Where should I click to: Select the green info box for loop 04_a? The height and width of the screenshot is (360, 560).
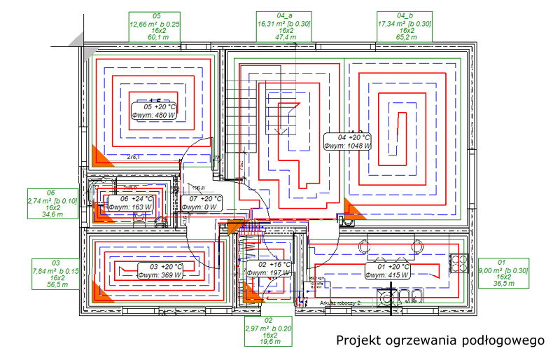click(285, 27)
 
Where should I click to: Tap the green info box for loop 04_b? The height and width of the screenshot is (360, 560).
click(404, 27)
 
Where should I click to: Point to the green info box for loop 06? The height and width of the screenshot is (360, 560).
click(50, 204)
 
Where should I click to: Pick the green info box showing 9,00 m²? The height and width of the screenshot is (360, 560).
click(501, 273)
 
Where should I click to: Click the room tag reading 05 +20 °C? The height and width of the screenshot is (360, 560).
click(155, 111)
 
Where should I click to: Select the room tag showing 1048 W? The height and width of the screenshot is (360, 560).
click(348, 141)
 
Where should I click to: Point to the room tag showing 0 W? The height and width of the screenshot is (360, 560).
click(201, 203)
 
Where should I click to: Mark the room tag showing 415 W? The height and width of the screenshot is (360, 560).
click(387, 271)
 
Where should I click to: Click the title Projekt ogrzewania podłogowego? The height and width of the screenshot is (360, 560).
click(440, 340)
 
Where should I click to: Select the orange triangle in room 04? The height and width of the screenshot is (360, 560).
click(351, 210)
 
